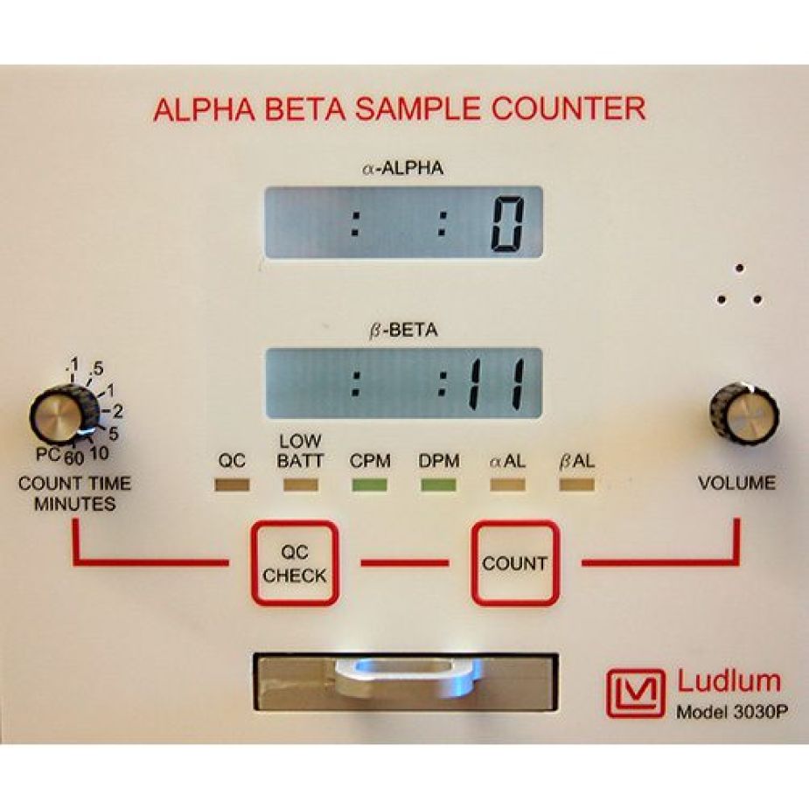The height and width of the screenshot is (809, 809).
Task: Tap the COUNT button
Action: (x=514, y=563)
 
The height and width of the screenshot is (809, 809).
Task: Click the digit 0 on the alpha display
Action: (x=506, y=224)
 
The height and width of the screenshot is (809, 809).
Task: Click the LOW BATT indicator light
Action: (x=300, y=484)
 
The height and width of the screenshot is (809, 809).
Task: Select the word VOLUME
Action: (x=736, y=482)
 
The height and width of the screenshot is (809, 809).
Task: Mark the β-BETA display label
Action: (x=403, y=331)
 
